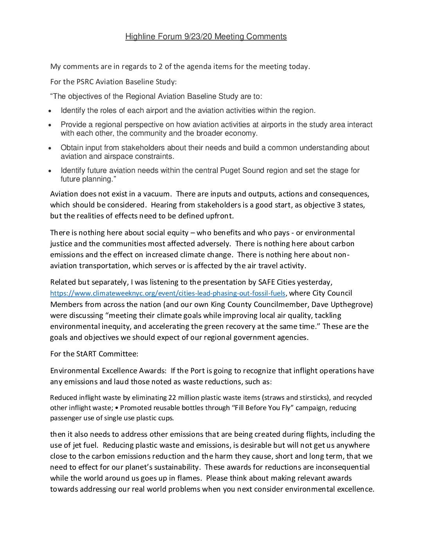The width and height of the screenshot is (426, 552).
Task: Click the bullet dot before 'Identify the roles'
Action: tap(49, 111)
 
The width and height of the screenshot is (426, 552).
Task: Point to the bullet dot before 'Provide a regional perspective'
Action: tap(49, 125)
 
